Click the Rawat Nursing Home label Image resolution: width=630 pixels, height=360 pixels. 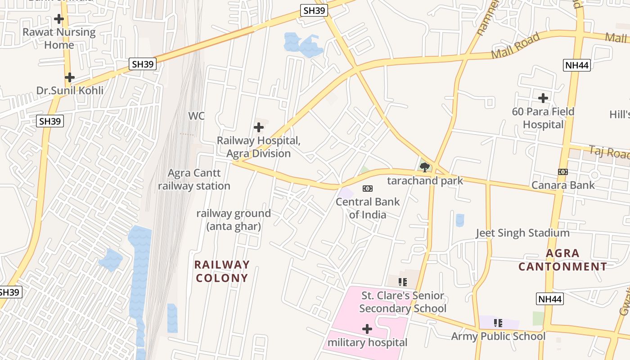[x=59, y=39]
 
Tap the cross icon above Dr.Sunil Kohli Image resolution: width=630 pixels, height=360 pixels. [x=69, y=77]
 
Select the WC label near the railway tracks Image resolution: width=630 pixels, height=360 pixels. [x=196, y=116]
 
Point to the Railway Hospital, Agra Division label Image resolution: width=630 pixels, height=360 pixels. [x=258, y=147]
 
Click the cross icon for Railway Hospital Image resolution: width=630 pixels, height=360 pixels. [x=259, y=127]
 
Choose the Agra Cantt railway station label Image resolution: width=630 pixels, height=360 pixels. [x=194, y=180]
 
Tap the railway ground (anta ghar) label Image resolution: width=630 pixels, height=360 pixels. [x=234, y=220]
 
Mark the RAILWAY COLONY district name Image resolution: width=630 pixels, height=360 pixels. [x=222, y=271]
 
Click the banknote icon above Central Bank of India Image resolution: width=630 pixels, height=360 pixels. [x=368, y=189]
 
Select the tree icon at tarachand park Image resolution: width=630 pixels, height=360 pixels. [x=424, y=168]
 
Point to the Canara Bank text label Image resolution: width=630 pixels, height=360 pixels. [x=563, y=185]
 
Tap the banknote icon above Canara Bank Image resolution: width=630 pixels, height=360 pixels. [x=563, y=172]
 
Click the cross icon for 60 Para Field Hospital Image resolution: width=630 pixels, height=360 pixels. [x=543, y=98]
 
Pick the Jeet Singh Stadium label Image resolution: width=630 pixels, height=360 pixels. [x=523, y=233]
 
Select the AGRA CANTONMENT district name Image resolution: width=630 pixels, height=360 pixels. [x=562, y=260]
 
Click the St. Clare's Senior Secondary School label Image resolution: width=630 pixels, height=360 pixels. [x=403, y=302]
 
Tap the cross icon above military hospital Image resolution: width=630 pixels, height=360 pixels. [x=367, y=329]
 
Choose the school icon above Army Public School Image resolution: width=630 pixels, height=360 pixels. [x=498, y=323]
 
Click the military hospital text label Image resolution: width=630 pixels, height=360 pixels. [x=367, y=342]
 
